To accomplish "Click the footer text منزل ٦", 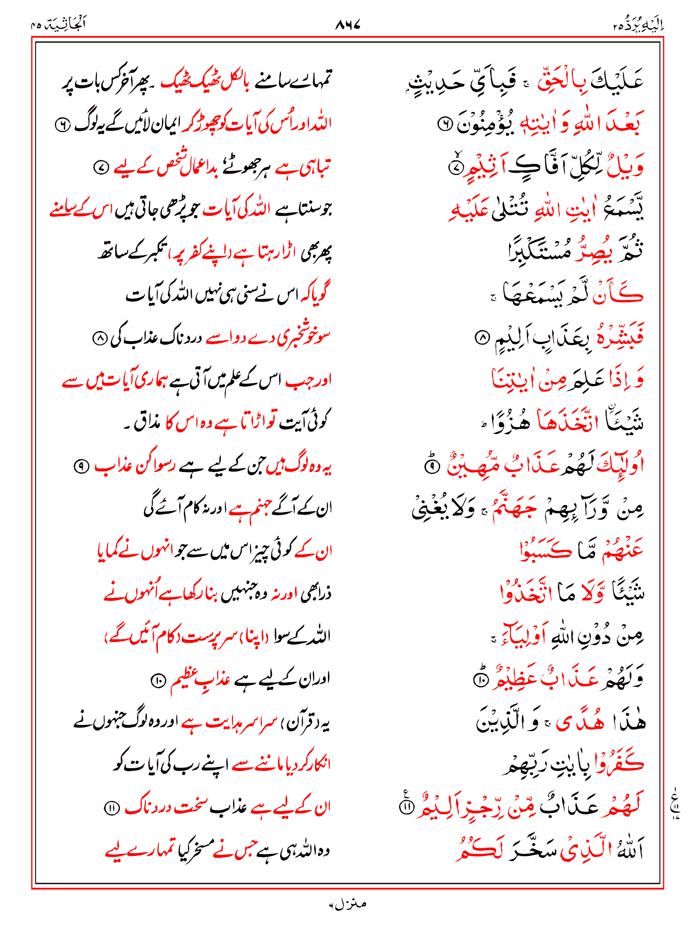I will coord(347,904).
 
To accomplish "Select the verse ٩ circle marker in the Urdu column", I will coord(81,466).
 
